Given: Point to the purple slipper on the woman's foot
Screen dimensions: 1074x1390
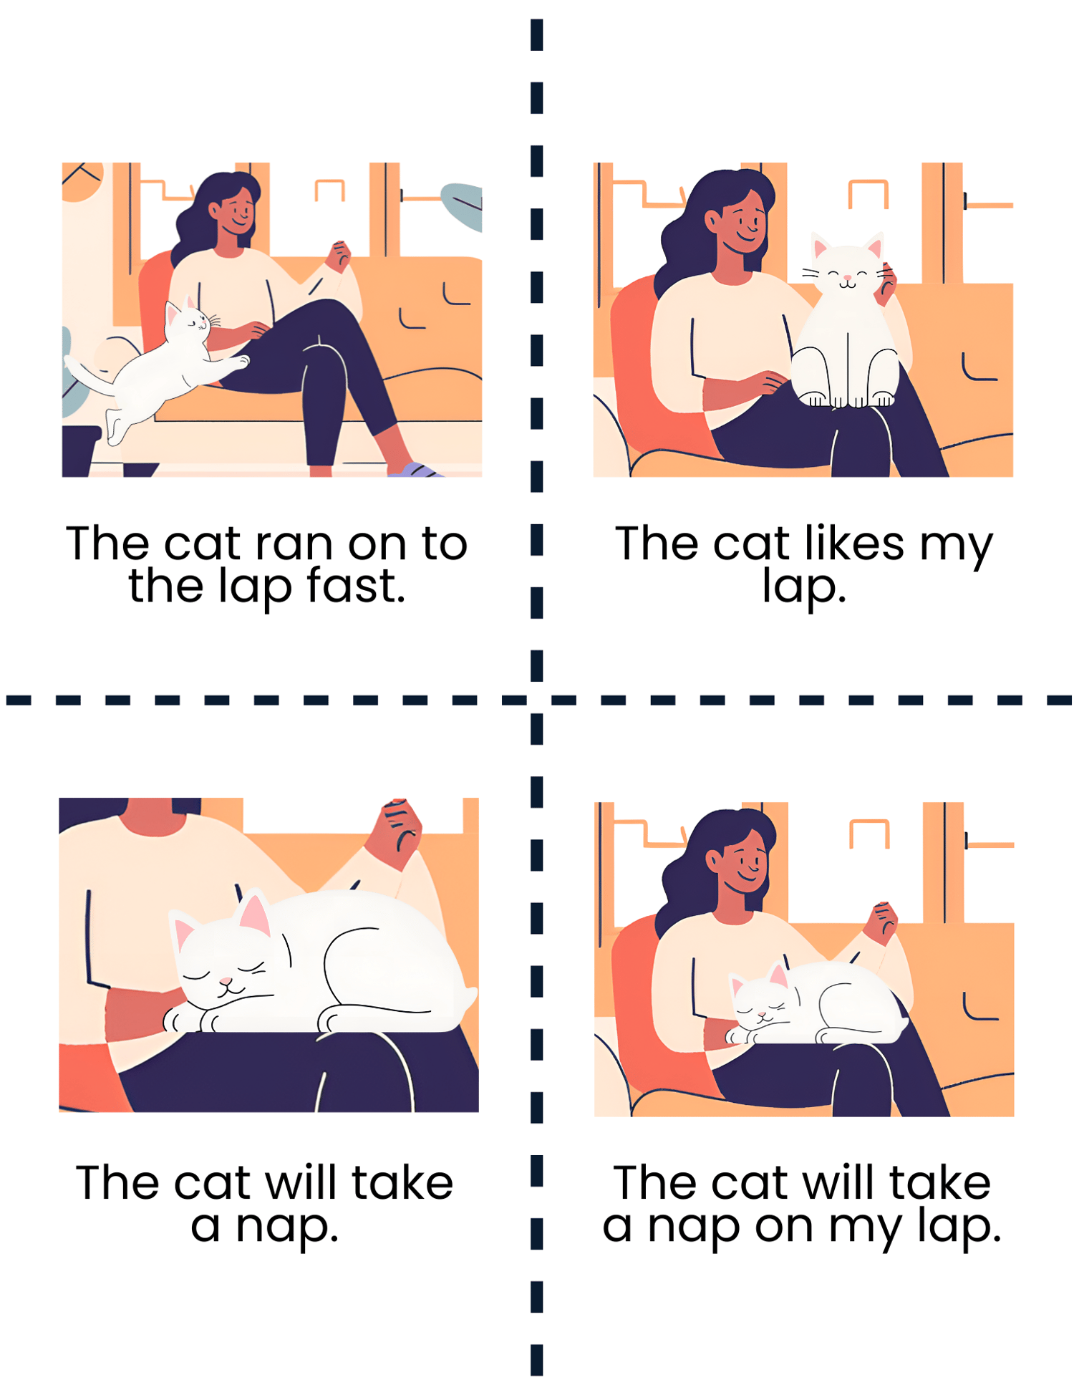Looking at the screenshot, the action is coord(415,470).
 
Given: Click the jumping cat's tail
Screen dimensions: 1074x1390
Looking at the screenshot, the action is coord(89,374).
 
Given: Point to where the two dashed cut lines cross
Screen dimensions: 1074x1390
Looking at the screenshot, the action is coord(537,700).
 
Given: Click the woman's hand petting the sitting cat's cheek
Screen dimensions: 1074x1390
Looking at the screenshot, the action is coord(888,283).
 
